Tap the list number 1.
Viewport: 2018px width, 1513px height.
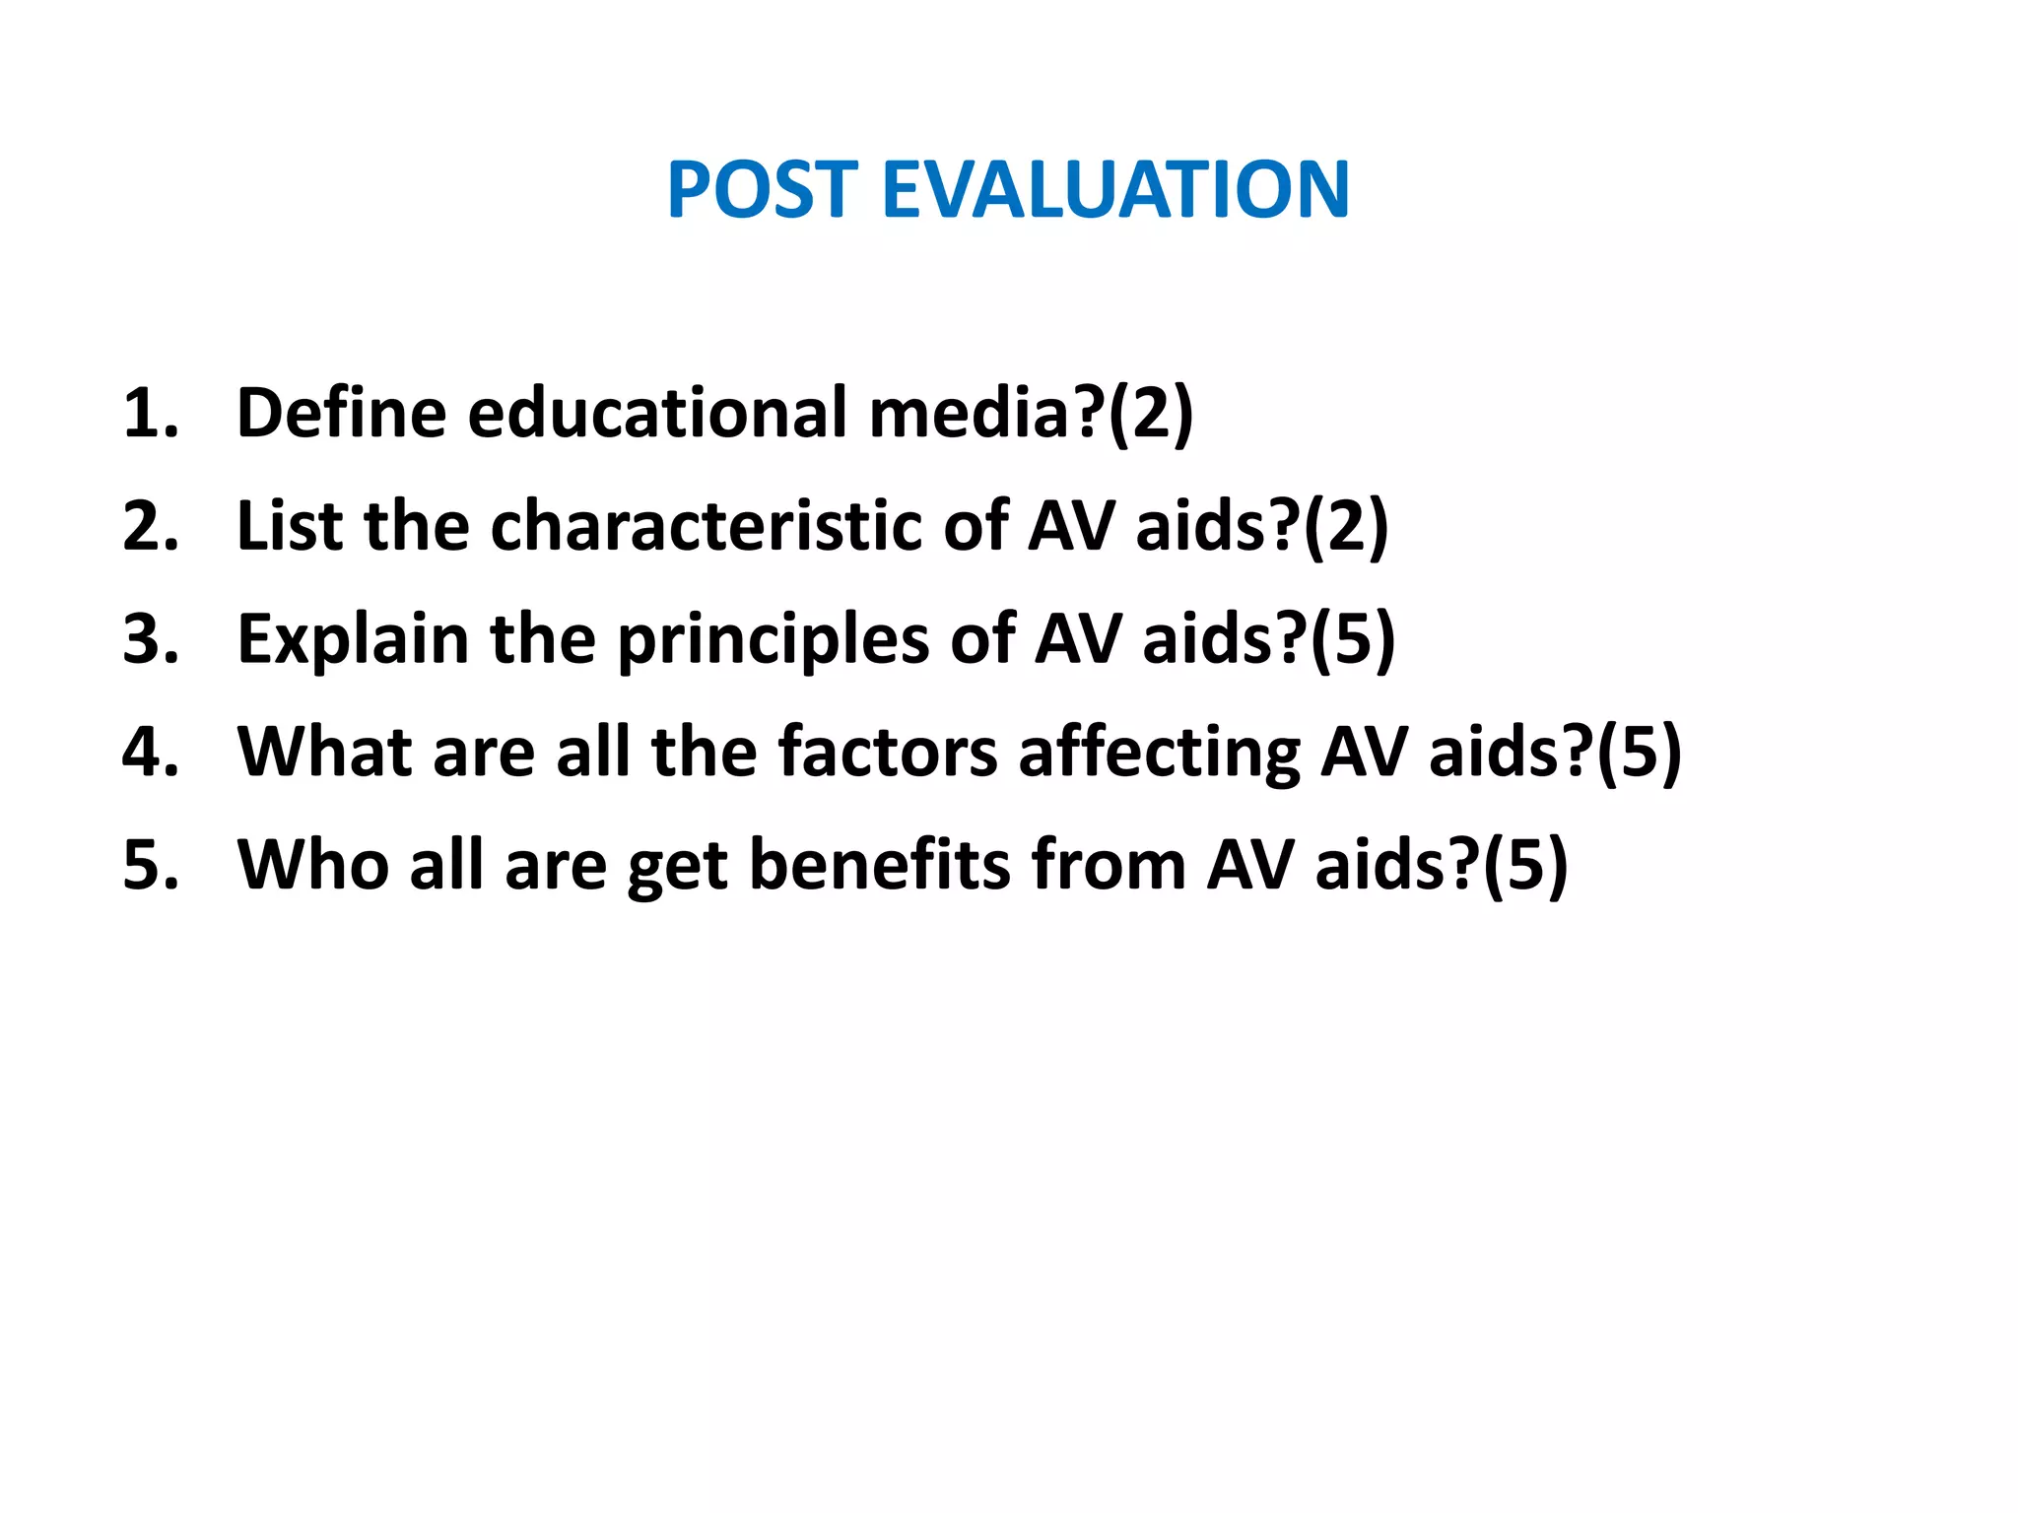tap(150, 414)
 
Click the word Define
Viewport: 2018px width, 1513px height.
tap(342, 414)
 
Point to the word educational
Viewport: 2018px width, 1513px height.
tap(657, 414)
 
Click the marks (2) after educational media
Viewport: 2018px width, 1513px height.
tap(1150, 414)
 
